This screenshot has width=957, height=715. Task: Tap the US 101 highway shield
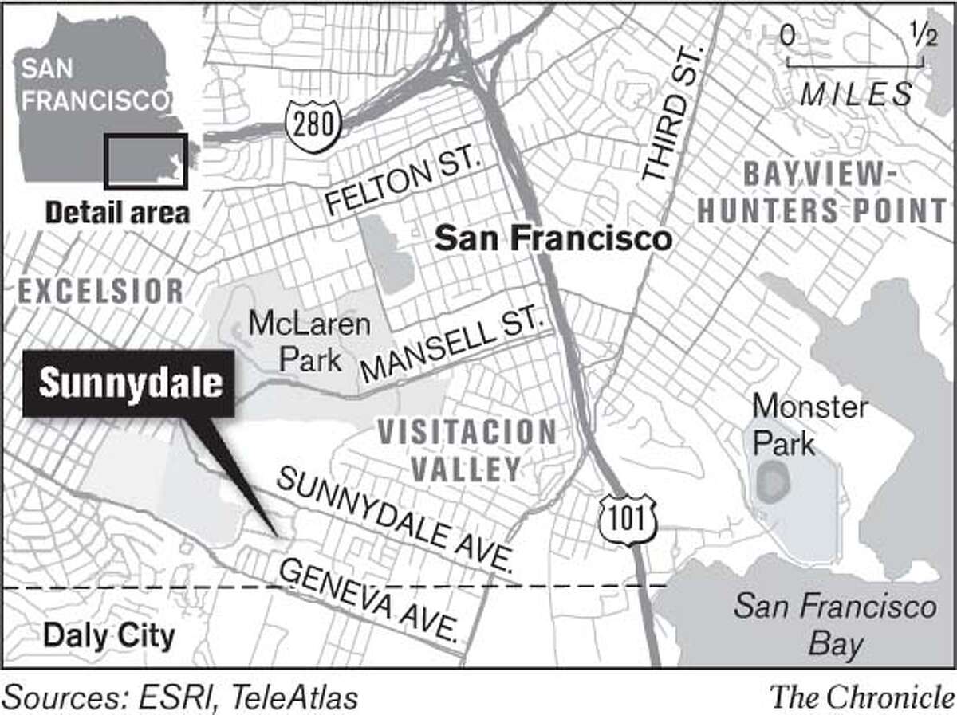628,518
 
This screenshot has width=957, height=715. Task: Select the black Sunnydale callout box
129,383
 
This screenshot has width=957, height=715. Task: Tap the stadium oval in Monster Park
771,481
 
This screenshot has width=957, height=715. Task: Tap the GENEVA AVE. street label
368,600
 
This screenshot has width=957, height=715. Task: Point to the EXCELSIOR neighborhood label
100,292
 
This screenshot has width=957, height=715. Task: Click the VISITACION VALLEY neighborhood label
467,450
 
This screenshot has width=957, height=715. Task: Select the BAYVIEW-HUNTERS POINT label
844,192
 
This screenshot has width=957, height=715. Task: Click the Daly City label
108,636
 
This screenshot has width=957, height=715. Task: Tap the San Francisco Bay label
834,627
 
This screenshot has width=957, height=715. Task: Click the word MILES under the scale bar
856,95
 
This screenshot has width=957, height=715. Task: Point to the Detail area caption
117,213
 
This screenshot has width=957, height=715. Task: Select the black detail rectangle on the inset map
147,161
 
